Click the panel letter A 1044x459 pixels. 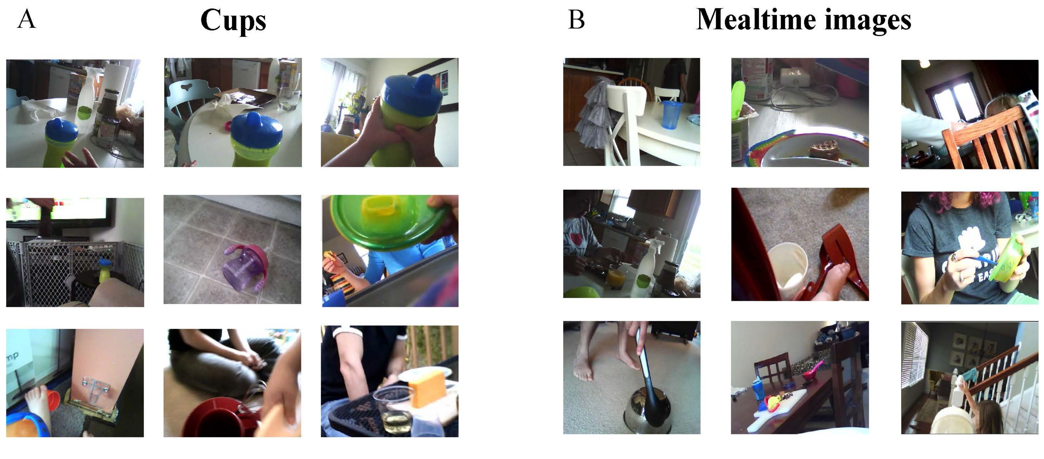point(27,19)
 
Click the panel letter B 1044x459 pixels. point(576,19)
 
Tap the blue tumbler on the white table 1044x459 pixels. point(672,114)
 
